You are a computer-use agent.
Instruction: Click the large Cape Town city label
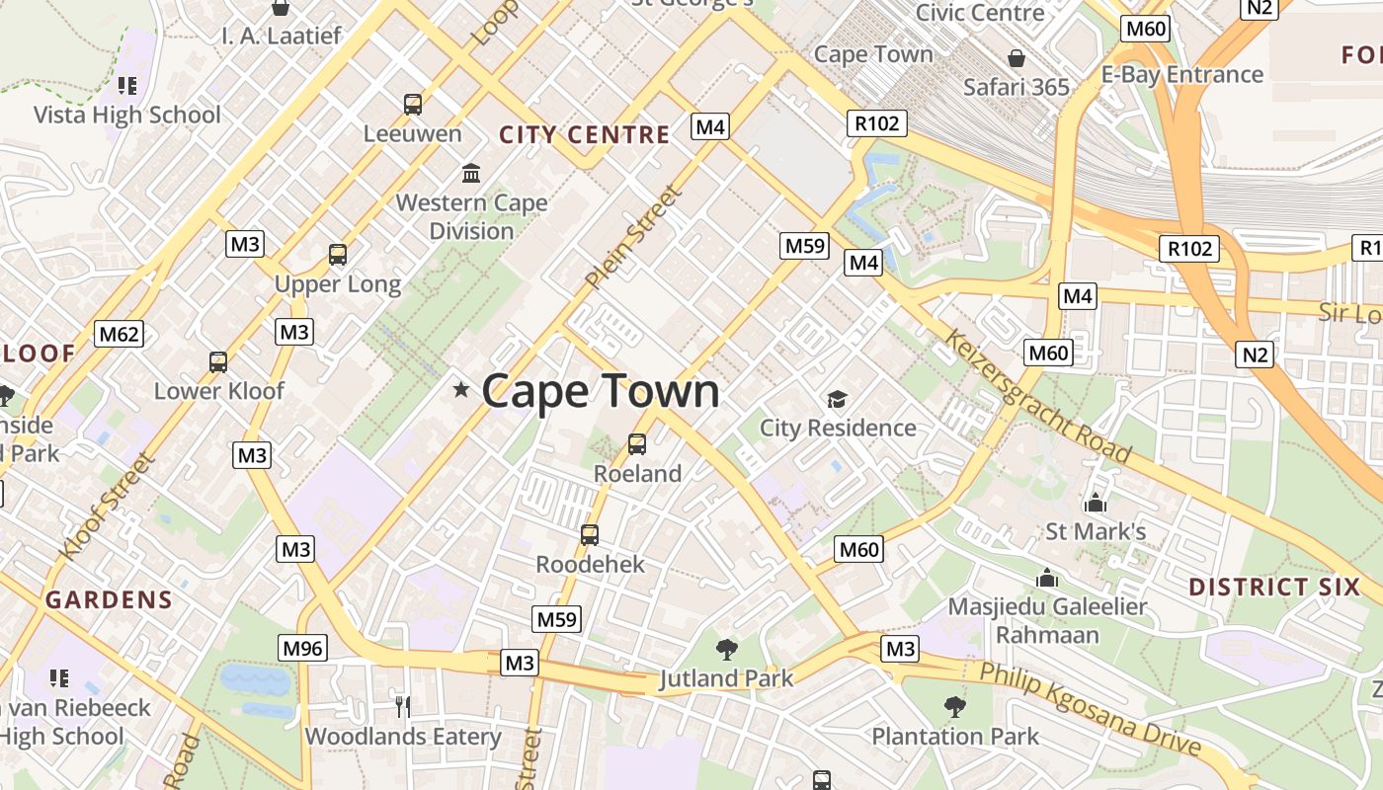click(601, 391)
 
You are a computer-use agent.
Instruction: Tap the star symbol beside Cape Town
click(460, 389)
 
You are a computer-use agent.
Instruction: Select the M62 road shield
click(119, 334)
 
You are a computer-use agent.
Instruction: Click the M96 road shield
click(302, 648)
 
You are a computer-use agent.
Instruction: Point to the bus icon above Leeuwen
click(413, 104)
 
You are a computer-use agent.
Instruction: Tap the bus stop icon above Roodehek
click(590, 535)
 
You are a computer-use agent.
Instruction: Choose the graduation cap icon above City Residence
click(838, 399)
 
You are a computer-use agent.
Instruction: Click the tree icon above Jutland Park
click(727, 649)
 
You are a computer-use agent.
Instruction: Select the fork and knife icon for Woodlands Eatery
click(402, 706)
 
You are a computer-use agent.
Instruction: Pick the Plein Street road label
click(633, 237)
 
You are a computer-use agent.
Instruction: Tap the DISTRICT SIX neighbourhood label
click(1274, 588)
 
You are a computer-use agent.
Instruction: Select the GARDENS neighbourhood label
click(109, 599)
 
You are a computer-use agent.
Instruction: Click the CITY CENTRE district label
click(585, 135)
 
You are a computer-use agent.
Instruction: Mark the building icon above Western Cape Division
click(471, 173)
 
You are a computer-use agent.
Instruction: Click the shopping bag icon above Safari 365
click(1017, 58)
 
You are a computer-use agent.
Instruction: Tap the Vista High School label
click(127, 115)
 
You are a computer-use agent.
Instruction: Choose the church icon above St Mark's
click(1095, 503)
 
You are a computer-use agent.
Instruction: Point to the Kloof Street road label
click(108, 506)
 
